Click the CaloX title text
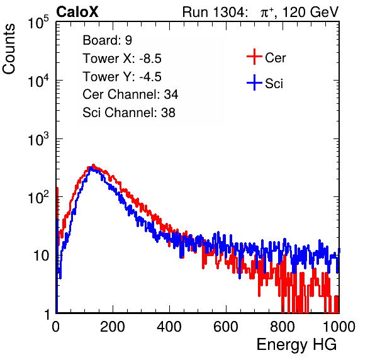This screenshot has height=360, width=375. [x=77, y=12]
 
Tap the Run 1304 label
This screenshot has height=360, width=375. [x=213, y=12]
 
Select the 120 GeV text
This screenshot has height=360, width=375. [x=310, y=12]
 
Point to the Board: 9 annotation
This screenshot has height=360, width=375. [x=107, y=40]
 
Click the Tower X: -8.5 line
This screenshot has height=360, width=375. [x=122, y=59]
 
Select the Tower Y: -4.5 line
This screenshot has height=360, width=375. [x=122, y=77]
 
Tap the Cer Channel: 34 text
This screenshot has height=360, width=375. [x=130, y=94]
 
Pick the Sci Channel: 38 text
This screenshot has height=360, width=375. [x=129, y=113]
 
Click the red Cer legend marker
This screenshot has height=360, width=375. [x=254, y=57]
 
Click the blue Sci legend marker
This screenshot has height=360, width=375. [x=254, y=82]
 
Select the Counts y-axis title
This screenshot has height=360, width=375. [x=9, y=49]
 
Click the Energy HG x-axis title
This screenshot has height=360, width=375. [x=296, y=345]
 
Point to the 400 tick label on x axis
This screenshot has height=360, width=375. [x=169, y=327]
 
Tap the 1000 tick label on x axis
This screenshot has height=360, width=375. [x=339, y=327]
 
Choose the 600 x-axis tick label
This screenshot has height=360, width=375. [x=226, y=327]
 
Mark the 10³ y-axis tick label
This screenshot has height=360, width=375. [x=38, y=139]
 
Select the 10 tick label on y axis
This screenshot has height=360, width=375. [x=41, y=256]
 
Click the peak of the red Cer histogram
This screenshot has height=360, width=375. [x=93, y=165]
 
